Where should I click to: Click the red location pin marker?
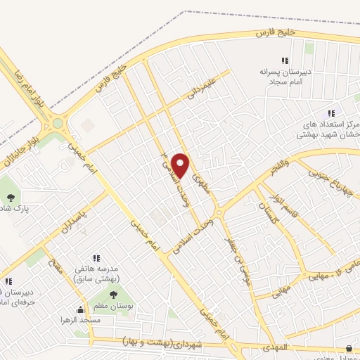click(x=181, y=165)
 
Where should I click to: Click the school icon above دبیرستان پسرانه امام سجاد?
click(x=285, y=61)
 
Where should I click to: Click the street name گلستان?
click(x=269, y=211)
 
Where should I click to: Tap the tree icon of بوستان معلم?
click(x=113, y=295)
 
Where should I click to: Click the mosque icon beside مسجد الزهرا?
click(x=81, y=310)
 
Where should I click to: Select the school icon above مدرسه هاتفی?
click(x=96, y=258)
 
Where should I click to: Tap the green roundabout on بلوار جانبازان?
click(x=58, y=125)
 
